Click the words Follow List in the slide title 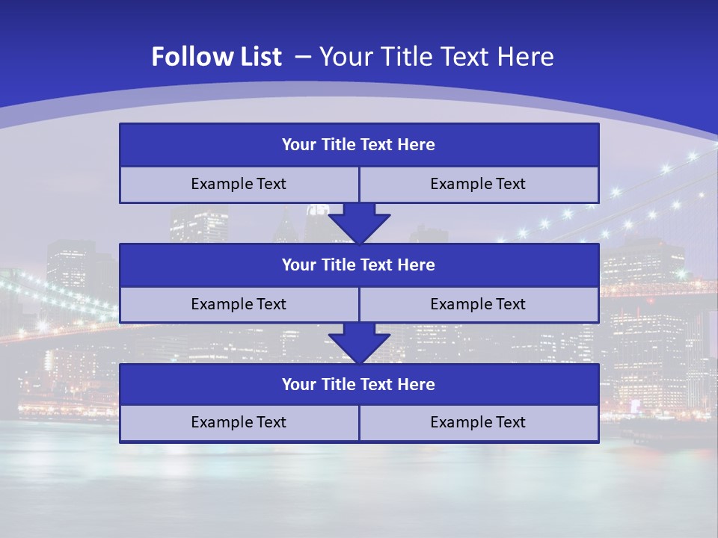[x=216, y=57]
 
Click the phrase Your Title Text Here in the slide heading [x=437, y=57]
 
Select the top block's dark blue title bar [x=359, y=145]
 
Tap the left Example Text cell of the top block [x=239, y=184]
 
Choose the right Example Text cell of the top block [x=478, y=184]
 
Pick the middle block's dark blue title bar [x=359, y=265]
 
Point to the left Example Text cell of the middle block [x=239, y=304]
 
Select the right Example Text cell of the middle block [x=478, y=304]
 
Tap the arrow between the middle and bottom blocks [x=359, y=343]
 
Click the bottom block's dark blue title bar [x=359, y=384]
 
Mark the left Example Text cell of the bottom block [x=239, y=422]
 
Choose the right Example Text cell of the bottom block [x=478, y=422]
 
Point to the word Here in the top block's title [x=417, y=145]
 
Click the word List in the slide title [x=260, y=57]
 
